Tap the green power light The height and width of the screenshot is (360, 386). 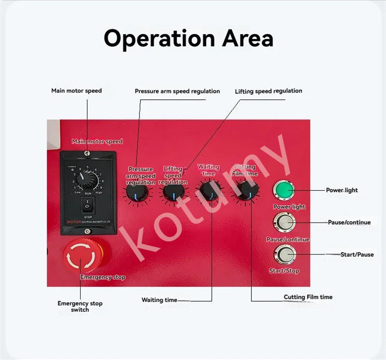[284, 191]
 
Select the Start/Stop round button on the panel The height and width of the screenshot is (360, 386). [284, 254]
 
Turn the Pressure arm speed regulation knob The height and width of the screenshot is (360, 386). [135, 194]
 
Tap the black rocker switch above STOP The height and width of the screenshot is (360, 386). [87, 206]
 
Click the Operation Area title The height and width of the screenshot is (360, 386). [189, 38]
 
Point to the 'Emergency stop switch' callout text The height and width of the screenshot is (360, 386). [80, 307]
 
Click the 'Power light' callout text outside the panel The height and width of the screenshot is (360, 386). [342, 190]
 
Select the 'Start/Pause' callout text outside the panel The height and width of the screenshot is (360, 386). [357, 254]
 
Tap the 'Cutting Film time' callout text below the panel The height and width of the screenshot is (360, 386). [308, 297]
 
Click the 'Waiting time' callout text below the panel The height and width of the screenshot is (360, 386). [159, 300]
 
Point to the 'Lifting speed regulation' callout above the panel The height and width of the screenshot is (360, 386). [268, 91]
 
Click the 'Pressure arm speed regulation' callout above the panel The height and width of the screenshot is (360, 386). [177, 91]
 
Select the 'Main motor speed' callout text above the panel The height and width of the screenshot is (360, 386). [76, 91]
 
